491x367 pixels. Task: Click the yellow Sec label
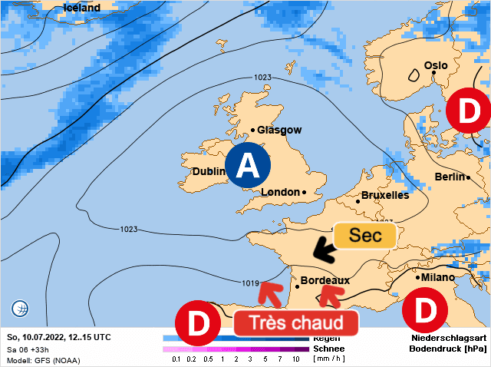[364, 236]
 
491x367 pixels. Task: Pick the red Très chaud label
[295, 322]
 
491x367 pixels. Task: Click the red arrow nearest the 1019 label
[269, 292]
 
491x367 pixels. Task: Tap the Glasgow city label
[279, 131]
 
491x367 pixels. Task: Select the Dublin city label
[208, 171]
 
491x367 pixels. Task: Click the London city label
[280, 192]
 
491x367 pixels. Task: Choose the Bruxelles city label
[384, 195]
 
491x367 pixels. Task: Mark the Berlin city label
[450, 177]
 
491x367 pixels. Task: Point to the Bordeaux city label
[325, 280]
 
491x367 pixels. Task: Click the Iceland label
[81, 8]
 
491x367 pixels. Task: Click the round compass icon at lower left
[20, 309]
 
